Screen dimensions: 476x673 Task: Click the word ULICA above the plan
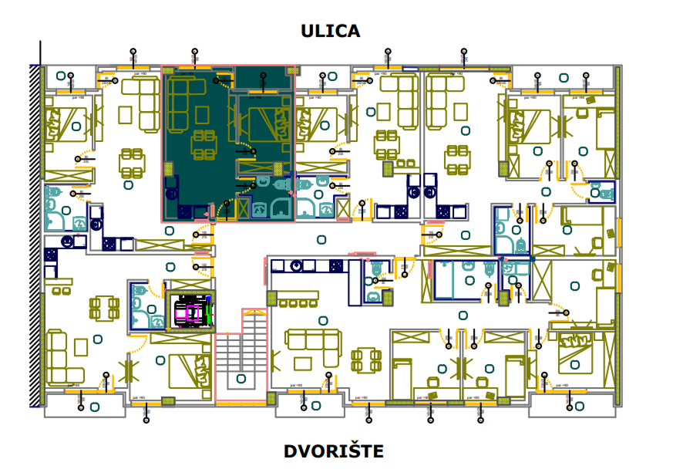[x=331, y=31]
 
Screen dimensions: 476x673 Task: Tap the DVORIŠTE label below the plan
[x=333, y=451]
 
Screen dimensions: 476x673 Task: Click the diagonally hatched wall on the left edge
[x=35, y=231]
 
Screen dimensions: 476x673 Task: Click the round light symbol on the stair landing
[x=241, y=379]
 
